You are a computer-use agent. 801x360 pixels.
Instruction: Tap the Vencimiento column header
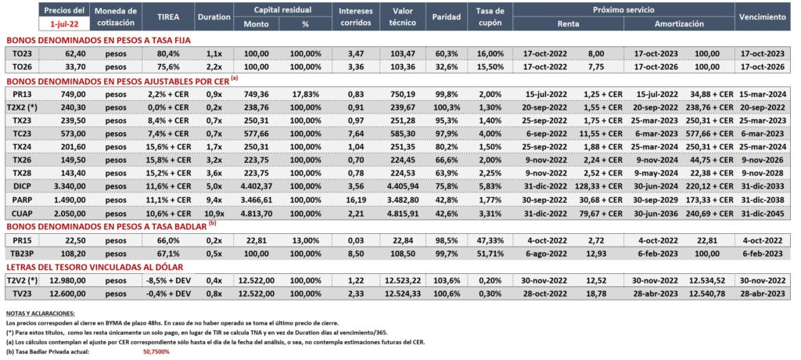coord(761,17)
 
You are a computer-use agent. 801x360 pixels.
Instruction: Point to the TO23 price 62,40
coord(75,54)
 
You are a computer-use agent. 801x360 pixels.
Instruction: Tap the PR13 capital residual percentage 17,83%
coord(306,95)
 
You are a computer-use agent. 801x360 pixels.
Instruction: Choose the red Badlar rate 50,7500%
coord(156,351)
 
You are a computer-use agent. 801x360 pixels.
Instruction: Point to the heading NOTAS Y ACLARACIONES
coord(41,313)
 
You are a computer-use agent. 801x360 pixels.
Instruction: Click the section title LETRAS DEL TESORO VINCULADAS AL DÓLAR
coord(95,267)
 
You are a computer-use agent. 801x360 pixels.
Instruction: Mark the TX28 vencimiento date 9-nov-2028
coord(761,174)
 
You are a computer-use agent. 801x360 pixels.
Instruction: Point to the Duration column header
coord(214,17)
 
